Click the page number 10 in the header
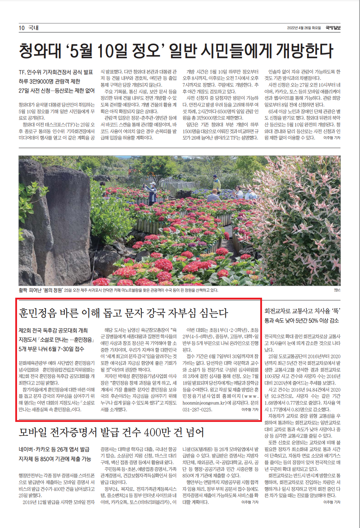pos(22,28)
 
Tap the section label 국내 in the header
pos(33,28)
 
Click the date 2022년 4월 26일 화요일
pos(304,28)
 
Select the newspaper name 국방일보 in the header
pos(333,28)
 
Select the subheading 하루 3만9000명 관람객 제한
pos(49,81)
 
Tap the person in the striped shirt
pos(213,196)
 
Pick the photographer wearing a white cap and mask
pos(152,192)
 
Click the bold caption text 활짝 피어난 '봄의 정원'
pos(41,290)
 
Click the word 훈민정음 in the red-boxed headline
pos(38,313)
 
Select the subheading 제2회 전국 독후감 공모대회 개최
pos(53,330)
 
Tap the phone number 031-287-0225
pos(197,409)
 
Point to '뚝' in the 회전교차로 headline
pos(336,311)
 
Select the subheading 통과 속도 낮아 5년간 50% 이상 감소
pos(301,321)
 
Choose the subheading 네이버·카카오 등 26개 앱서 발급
pos(54,449)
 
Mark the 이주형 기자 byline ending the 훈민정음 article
pos(250,409)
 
